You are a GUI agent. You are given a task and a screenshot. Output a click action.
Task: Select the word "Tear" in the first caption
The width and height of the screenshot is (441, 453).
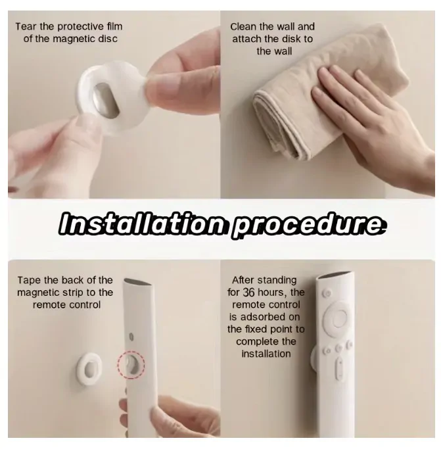27,26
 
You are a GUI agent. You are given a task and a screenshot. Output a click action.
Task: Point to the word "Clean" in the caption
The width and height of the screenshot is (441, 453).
244,26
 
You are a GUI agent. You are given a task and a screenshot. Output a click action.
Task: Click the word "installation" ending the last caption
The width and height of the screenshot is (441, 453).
266,354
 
